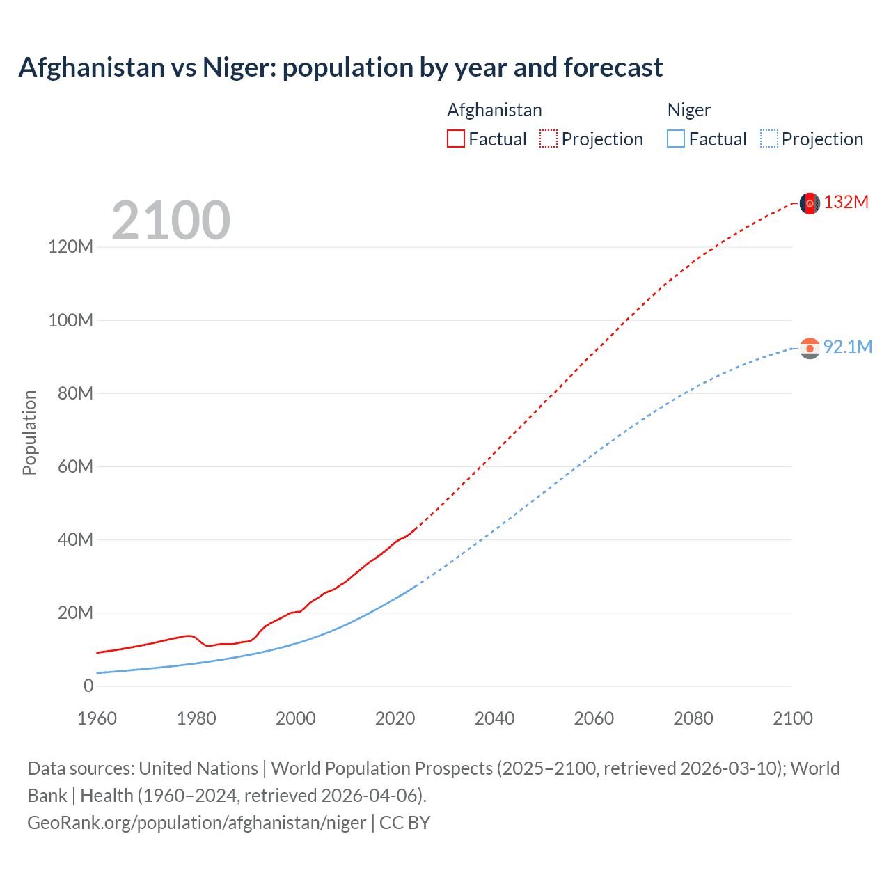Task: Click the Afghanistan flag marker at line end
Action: tap(810, 203)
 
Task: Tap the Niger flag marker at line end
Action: tap(810, 348)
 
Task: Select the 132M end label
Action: tap(846, 203)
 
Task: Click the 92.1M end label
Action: tap(848, 347)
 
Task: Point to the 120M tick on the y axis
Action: tap(70, 246)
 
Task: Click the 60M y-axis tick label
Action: tap(74, 466)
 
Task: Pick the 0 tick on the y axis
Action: tap(88, 686)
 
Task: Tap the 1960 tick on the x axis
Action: tap(97, 718)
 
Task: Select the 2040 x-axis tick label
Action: tap(494, 718)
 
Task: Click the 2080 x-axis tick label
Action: tap(693, 718)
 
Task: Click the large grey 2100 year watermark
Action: tap(171, 221)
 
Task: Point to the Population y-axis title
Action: tap(29, 432)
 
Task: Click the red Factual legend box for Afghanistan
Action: tap(455, 139)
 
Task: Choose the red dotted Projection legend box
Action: tap(549, 139)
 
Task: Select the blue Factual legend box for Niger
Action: tap(676, 139)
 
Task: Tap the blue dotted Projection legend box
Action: tap(768, 139)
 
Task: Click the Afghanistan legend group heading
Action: tap(494, 110)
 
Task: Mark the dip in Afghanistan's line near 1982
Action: tap(208, 646)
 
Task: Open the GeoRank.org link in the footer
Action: tap(196, 823)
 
